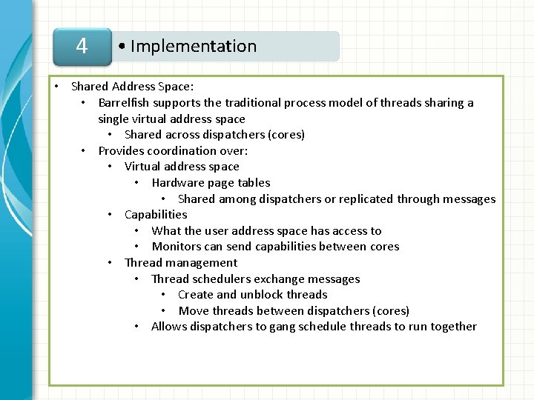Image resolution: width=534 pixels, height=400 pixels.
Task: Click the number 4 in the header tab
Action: tap(82, 47)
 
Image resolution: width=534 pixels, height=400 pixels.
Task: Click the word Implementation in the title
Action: tap(194, 47)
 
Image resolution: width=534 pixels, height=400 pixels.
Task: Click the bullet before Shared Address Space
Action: tap(56, 87)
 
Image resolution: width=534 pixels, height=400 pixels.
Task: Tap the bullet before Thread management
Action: tap(110, 263)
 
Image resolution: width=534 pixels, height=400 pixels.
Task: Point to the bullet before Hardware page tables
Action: tap(137, 183)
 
